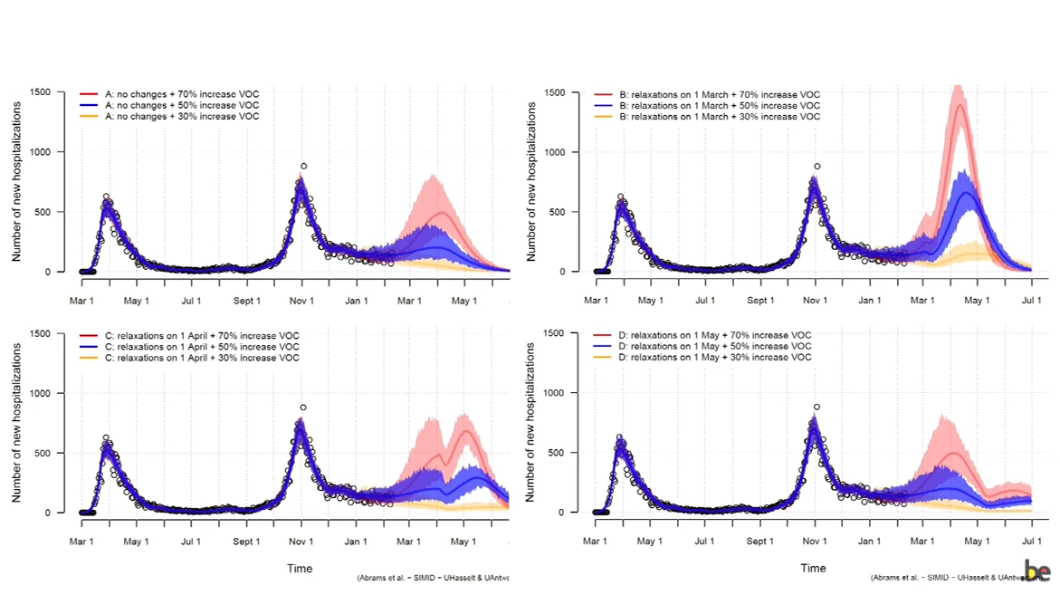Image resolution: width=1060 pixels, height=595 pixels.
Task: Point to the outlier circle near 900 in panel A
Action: coord(303,166)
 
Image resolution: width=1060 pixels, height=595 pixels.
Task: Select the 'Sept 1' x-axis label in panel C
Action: coord(247,542)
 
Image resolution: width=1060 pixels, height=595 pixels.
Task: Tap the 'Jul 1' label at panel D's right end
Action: coord(1031,542)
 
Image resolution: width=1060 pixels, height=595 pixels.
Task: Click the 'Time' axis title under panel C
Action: coord(300,569)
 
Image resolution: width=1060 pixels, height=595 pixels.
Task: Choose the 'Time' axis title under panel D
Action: coord(813,569)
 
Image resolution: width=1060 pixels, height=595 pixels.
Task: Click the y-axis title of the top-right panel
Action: coord(532,182)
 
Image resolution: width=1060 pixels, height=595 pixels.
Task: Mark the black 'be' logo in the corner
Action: coord(1037,571)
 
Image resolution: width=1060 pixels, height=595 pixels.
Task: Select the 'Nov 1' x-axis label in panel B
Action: coord(816,302)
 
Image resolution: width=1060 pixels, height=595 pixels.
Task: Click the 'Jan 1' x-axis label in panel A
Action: coord(356,302)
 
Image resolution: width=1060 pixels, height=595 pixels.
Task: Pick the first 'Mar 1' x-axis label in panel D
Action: coord(595,542)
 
